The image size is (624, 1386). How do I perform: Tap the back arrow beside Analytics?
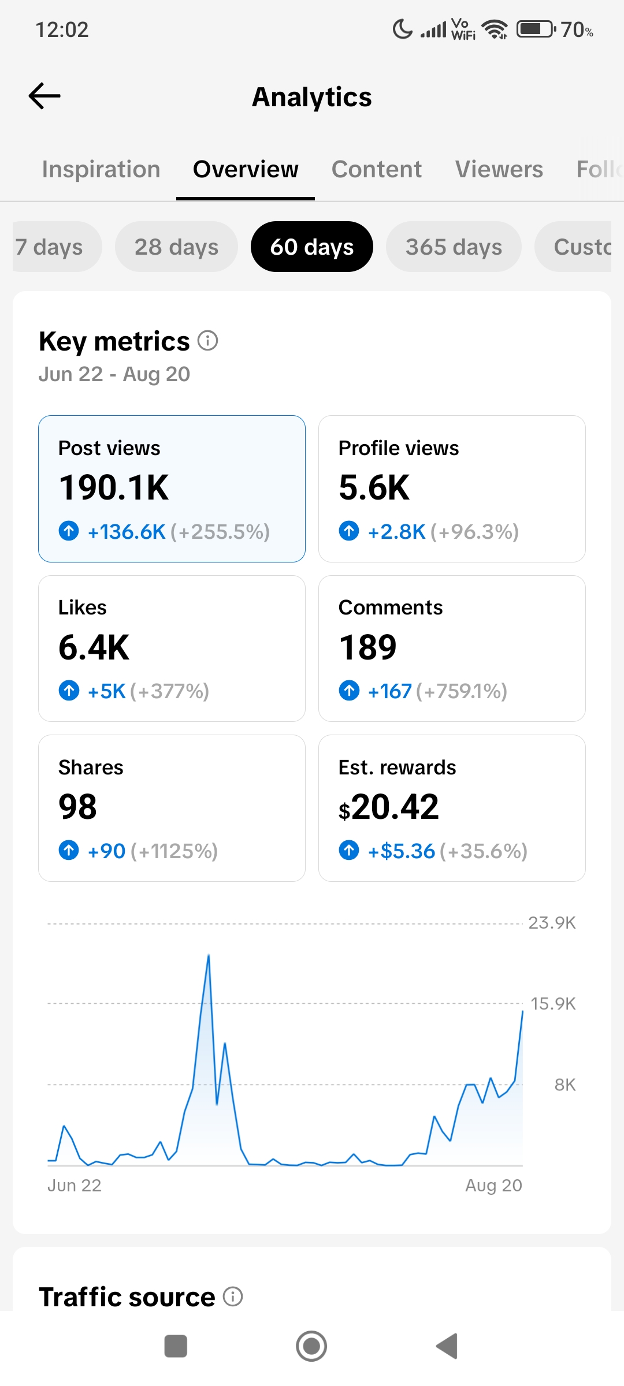[44, 96]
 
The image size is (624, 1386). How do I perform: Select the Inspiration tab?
[101, 169]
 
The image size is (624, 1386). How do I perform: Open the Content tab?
[377, 169]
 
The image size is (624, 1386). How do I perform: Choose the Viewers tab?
[499, 169]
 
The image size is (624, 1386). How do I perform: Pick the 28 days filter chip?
[176, 247]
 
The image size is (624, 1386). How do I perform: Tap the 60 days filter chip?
[312, 247]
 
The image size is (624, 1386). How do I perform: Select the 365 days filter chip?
[454, 247]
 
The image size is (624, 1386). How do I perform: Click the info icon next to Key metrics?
[208, 341]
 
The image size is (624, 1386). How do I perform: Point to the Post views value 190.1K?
[114, 487]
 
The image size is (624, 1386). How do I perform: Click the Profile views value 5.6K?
[374, 487]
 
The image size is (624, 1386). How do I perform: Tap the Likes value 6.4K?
[94, 647]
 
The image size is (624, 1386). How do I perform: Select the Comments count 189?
[368, 647]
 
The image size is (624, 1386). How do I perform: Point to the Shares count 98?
[78, 807]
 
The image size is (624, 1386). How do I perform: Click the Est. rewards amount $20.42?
[389, 807]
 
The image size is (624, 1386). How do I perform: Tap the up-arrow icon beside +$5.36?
[349, 850]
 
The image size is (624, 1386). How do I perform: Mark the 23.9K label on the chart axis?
[552, 923]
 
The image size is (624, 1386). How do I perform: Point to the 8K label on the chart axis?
[565, 1085]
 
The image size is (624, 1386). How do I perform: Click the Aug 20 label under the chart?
[494, 1186]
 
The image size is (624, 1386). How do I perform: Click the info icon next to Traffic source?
[233, 1296]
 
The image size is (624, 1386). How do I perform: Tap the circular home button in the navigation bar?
[311, 1346]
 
